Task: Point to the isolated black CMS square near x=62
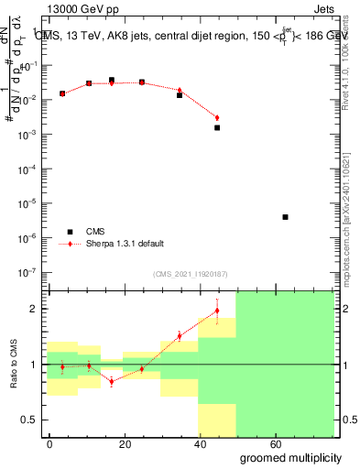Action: (x=286, y=217)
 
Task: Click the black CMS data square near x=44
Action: (x=217, y=127)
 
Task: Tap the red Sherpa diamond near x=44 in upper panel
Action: (x=217, y=117)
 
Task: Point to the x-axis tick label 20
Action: (x=143, y=443)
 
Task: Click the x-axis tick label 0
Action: (x=49, y=443)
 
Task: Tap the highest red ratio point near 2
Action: (x=217, y=311)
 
